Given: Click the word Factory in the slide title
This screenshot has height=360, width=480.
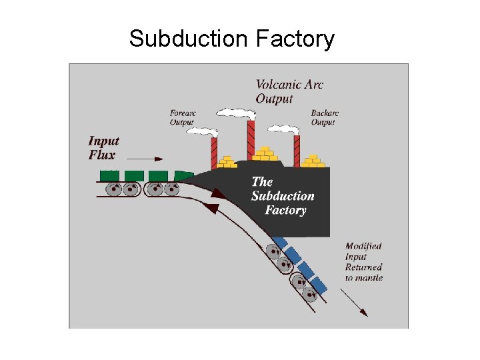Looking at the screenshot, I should (294, 39).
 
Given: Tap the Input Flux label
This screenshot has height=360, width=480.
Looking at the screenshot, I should (103, 148).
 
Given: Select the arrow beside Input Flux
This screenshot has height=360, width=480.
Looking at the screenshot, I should (145, 159).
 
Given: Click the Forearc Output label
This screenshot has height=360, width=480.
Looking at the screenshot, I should (182, 117).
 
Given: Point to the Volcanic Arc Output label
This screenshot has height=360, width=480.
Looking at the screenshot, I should (289, 92).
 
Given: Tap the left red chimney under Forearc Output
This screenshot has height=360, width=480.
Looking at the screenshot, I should (214, 153).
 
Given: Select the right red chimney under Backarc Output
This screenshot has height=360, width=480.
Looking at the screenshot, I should (297, 151).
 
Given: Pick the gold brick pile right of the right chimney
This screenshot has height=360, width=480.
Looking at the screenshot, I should (312, 161).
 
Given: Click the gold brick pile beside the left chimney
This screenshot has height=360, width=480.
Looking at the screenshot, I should (228, 162).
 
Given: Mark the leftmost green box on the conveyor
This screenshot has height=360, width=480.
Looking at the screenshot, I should (109, 175).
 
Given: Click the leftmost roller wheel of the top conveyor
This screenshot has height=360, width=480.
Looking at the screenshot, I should (114, 189).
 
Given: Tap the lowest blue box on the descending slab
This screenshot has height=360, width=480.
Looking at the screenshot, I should (319, 285).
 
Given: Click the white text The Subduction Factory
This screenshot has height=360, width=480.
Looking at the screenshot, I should (283, 196).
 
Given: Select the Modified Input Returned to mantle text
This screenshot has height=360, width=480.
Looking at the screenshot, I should (363, 261).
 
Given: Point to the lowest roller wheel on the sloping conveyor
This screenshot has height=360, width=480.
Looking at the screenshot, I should (309, 293).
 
